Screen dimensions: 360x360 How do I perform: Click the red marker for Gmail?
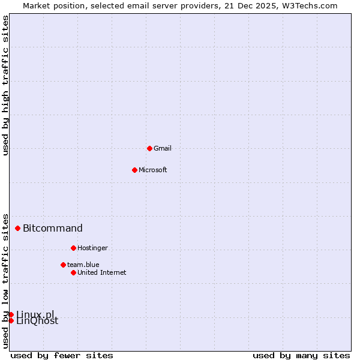(x=149, y=148)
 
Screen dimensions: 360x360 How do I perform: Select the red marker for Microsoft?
(x=134, y=170)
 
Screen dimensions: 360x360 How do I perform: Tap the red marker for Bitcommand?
(x=18, y=228)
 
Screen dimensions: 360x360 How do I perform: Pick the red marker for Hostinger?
(x=73, y=248)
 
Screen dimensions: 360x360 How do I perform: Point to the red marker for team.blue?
(x=63, y=265)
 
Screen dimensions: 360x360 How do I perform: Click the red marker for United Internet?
(x=73, y=272)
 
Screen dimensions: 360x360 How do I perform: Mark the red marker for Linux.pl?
(x=11, y=314)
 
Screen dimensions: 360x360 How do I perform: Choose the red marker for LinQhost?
(x=11, y=320)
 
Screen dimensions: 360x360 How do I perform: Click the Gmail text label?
(x=163, y=148)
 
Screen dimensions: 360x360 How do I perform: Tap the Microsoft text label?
(x=153, y=170)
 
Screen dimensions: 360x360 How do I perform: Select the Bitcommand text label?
(x=53, y=228)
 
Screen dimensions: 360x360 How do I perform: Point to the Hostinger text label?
(x=92, y=248)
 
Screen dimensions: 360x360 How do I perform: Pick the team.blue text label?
(x=83, y=265)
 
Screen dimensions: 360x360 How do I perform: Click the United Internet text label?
(x=102, y=272)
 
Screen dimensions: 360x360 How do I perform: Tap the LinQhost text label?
(x=37, y=321)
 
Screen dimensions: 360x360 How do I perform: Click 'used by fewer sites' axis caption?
(x=62, y=355)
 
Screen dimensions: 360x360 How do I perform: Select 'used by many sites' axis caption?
(x=301, y=355)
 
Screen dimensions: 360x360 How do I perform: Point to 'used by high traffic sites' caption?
(x=6, y=85)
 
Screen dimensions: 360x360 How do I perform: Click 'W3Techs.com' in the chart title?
(x=310, y=5)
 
